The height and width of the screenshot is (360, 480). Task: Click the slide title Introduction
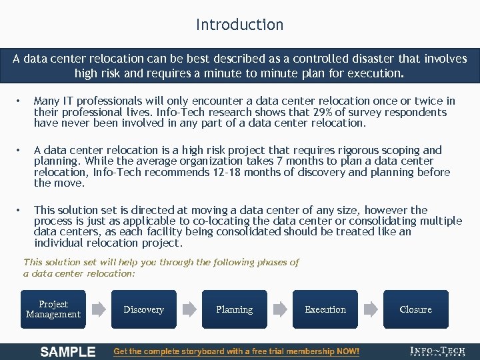click(239, 25)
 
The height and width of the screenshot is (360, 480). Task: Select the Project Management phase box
click(53, 309)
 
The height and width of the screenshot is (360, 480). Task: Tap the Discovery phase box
click(144, 309)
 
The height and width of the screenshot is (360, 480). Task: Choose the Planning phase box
click(235, 309)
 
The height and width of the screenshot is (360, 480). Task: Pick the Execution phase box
click(325, 309)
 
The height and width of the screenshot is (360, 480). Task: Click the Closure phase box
click(415, 309)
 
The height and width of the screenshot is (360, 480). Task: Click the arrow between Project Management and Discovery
click(99, 309)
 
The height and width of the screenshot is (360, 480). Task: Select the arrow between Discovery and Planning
click(189, 309)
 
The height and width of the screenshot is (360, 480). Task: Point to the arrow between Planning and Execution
click(280, 309)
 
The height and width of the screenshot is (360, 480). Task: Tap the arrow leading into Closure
click(371, 309)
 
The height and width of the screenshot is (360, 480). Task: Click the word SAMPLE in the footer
click(68, 351)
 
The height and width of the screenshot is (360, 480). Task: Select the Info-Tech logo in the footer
click(438, 351)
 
